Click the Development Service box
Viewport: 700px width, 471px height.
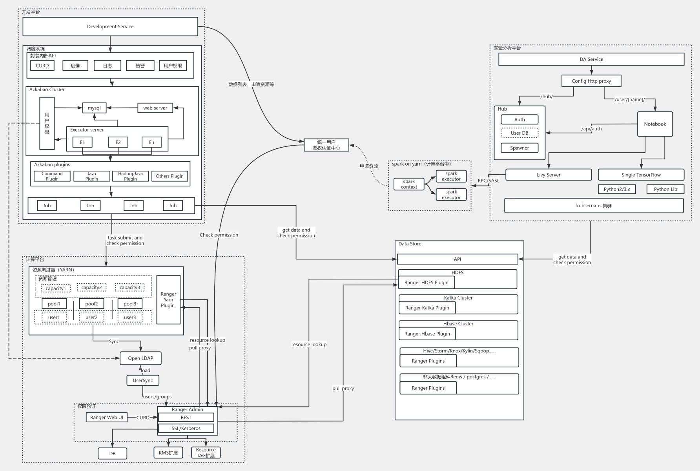pyautogui.click(x=110, y=27)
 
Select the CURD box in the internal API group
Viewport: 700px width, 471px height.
pyautogui.click(x=42, y=66)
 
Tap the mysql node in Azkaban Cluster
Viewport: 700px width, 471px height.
pyautogui.click(x=94, y=108)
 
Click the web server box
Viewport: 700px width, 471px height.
pyautogui.click(x=155, y=108)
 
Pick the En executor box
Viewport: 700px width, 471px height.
pyautogui.click(x=151, y=142)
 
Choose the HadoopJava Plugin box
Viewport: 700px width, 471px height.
pyautogui.click(x=130, y=176)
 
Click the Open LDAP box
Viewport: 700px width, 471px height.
pyautogui.click(x=140, y=358)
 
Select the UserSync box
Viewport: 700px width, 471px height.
pyautogui.click(x=143, y=380)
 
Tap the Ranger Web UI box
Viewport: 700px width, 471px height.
pyautogui.click(x=107, y=417)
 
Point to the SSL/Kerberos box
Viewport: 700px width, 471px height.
pyautogui.click(x=186, y=428)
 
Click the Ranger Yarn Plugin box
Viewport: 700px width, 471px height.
pyautogui.click(x=168, y=299)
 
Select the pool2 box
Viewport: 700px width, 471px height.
pyautogui.click(x=91, y=304)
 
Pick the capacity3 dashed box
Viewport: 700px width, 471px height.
pyautogui.click(x=130, y=288)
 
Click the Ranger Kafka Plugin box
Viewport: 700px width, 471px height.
pyautogui.click(x=427, y=308)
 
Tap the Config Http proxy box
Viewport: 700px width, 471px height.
pyautogui.click(x=591, y=81)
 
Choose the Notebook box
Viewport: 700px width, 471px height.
pyautogui.click(x=655, y=124)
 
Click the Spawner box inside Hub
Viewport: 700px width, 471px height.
pyautogui.click(x=520, y=148)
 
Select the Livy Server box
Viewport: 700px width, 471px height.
pyautogui.click(x=549, y=175)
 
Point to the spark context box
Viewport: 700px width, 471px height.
pyautogui.click(x=409, y=184)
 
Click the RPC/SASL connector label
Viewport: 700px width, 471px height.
pyautogui.click(x=489, y=181)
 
